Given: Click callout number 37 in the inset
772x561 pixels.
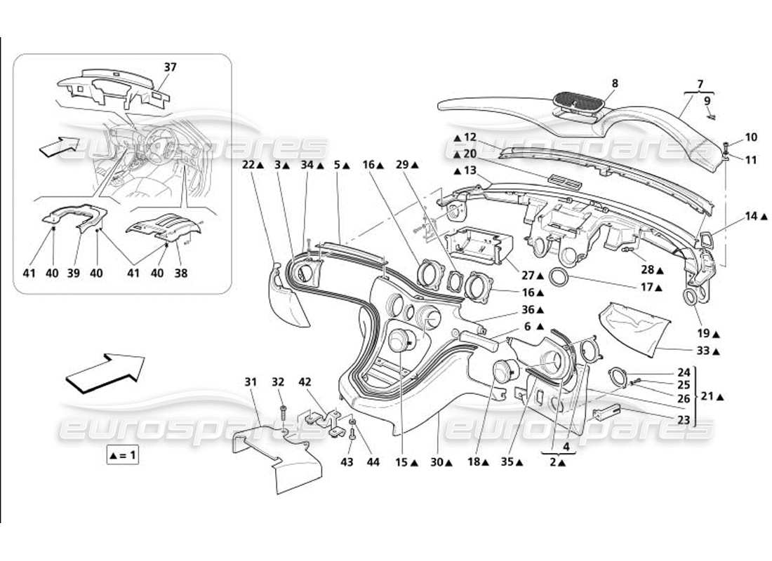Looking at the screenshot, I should pyautogui.click(x=171, y=67).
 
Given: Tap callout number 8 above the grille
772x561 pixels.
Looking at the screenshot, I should pyautogui.click(x=615, y=83).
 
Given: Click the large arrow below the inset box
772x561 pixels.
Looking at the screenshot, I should pyautogui.click(x=105, y=370).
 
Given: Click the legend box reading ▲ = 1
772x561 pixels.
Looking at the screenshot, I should pyautogui.click(x=124, y=455).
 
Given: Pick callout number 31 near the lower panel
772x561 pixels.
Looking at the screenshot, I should pyautogui.click(x=251, y=381).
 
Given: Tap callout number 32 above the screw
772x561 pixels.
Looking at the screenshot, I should pyautogui.click(x=278, y=381).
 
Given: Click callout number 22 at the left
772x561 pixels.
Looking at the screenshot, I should pyautogui.click(x=249, y=165).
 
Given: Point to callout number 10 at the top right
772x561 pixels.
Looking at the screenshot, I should pyautogui.click(x=731, y=137).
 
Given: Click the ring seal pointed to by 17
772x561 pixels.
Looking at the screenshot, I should pyautogui.click(x=559, y=277).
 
